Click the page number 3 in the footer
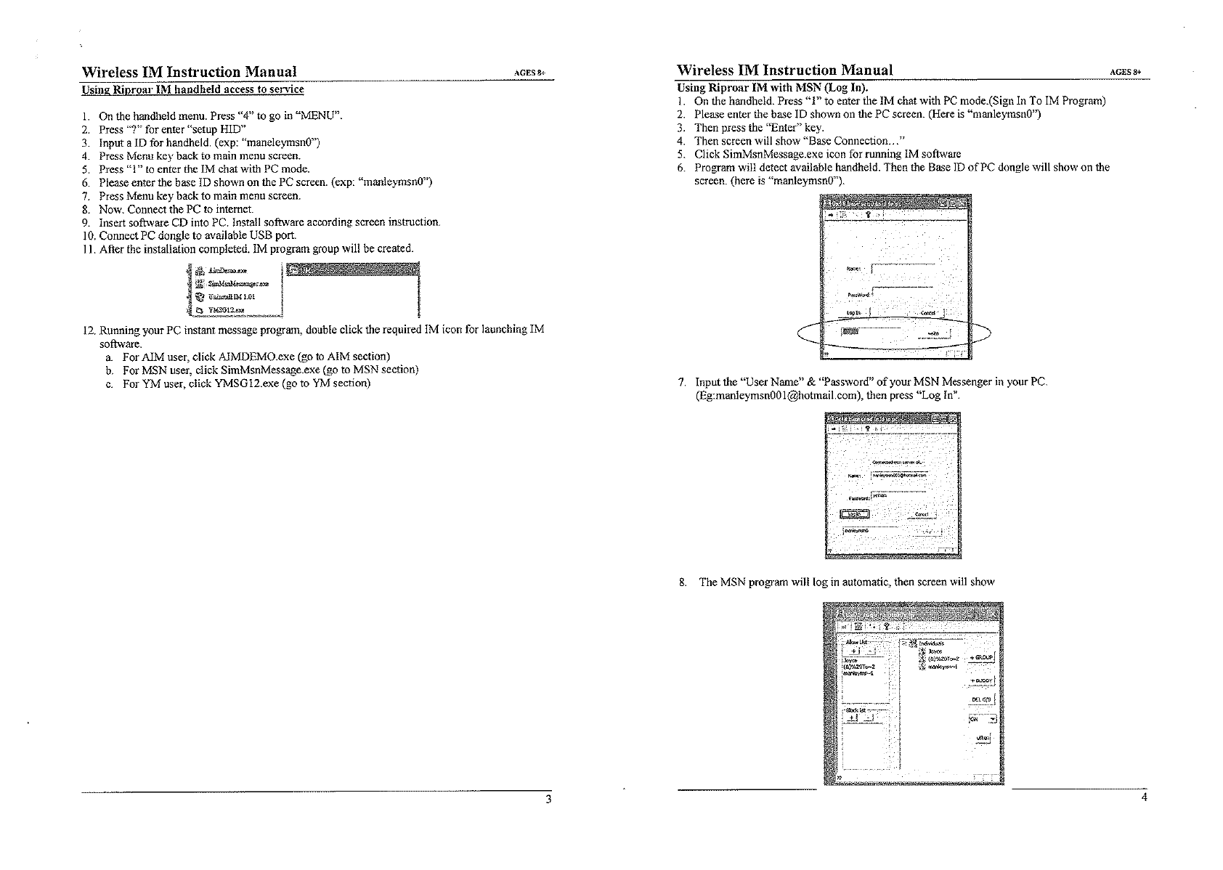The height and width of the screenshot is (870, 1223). click(548, 799)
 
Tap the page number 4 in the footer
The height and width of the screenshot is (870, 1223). click(1144, 797)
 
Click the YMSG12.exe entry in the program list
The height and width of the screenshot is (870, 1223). click(226, 310)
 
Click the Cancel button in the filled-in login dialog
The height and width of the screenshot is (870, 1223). click(922, 515)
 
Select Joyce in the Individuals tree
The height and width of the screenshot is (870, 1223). click(935, 651)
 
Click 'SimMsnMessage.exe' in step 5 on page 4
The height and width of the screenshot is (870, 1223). click(775, 154)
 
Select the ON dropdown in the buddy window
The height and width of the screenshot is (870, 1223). click(983, 720)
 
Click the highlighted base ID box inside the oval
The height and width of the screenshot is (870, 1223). click(849, 332)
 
